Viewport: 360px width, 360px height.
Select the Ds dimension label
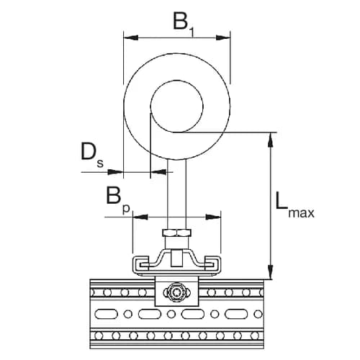[91, 154]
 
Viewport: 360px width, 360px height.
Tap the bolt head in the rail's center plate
[176, 292]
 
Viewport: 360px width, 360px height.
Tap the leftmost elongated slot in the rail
[107, 315]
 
